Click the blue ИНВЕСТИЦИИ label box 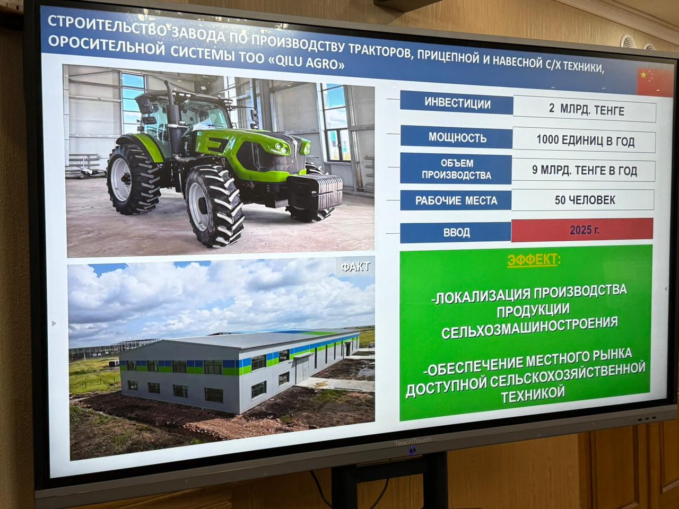click(x=456, y=103)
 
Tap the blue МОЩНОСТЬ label click(x=456, y=137)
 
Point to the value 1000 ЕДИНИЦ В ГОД click(x=585, y=141)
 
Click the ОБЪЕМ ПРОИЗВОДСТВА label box click(x=456, y=169)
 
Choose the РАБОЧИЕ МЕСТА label click(x=456, y=200)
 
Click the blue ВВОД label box click(x=456, y=232)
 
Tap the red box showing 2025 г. click(x=582, y=230)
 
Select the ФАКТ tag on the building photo click(x=355, y=267)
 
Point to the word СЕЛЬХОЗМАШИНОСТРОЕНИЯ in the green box click(x=529, y=329)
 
